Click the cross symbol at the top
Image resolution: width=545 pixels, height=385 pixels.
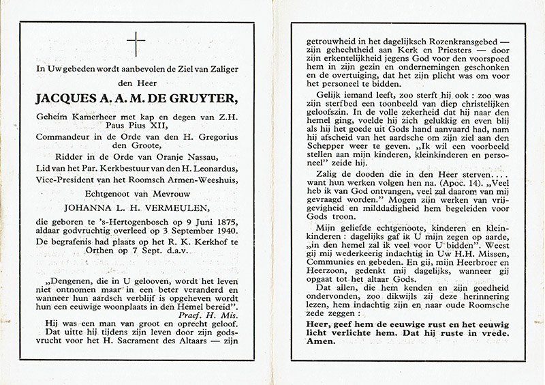[136, 44]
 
